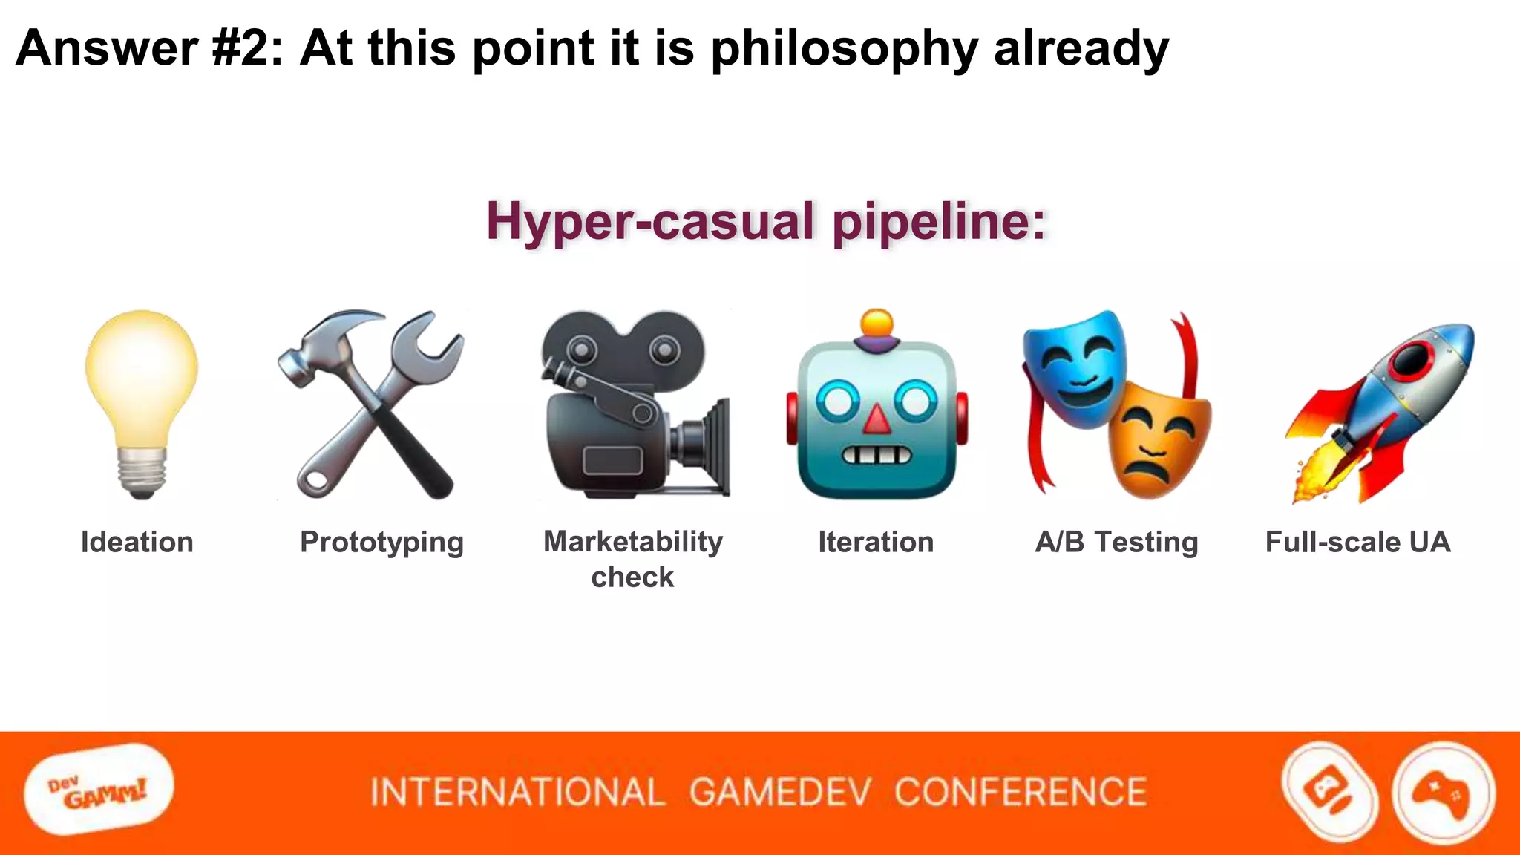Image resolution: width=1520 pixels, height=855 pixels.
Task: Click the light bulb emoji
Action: [141, 386]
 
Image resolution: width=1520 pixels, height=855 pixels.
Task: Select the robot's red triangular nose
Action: [877, 420]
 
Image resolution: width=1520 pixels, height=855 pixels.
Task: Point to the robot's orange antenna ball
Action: [877, 324]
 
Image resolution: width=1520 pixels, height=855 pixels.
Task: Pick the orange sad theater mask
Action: [1158, 442]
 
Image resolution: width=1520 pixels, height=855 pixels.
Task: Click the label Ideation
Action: [137, 542]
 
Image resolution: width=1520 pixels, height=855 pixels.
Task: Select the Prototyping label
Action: [381, 543]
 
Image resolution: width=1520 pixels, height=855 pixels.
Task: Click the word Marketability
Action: [633, 542]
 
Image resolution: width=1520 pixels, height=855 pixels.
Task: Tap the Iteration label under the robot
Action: [876, 542]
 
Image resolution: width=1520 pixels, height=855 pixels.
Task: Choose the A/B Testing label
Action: [1117, 542]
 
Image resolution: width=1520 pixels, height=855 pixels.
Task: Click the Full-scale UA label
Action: [1357, 542]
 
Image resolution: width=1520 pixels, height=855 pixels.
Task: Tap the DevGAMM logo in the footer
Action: [99, 791]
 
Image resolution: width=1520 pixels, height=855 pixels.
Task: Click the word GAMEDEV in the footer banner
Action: [779, 792]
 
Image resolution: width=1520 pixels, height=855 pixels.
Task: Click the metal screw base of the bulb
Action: [141, 472]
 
